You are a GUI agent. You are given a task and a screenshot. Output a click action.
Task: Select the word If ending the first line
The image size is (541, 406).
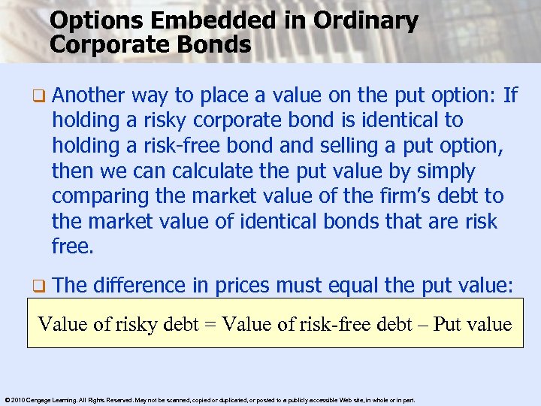[x=510, y=95]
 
